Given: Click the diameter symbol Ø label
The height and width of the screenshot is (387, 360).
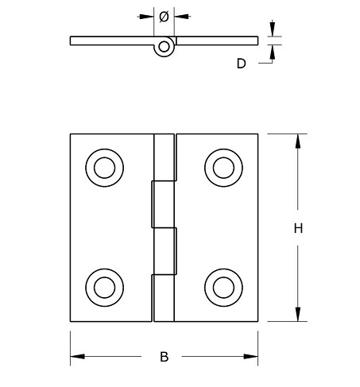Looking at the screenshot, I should point(164,15).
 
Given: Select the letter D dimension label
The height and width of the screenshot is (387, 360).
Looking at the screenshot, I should point(242,64).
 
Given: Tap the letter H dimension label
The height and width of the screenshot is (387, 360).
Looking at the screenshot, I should point(298,229).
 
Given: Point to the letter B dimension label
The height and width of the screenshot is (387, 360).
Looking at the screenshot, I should point(164,357).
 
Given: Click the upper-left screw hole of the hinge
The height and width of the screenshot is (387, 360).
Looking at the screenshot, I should point(103,168).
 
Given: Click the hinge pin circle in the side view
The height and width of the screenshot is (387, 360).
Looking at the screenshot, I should point(164,47).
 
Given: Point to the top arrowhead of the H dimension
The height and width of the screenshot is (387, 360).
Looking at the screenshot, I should point(298,141).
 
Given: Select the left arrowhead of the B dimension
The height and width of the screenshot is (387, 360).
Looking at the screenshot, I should point(77,356).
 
